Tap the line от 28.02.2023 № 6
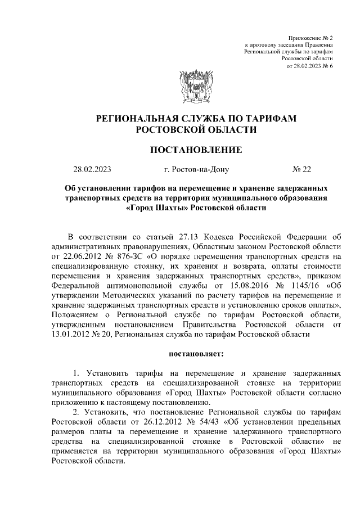click(x=310, y=66)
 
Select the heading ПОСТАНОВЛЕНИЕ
click(x=196, y=150)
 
